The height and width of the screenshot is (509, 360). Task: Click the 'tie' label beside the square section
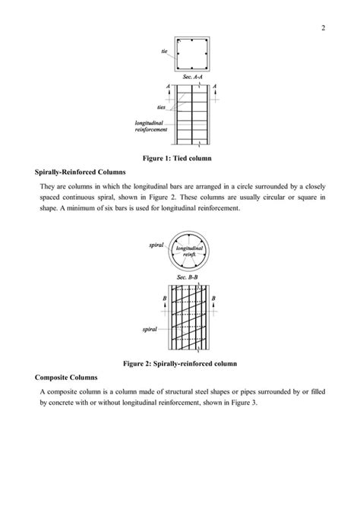pos(164,51)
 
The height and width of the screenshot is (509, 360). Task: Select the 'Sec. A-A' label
pos(193,77)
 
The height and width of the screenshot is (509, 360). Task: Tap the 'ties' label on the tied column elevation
pos(161,107)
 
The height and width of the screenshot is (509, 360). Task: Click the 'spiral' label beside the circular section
pos(156,245)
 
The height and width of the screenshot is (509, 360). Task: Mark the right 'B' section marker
pos(213,299)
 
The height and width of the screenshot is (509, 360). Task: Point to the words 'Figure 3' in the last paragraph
pos(242,403)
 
